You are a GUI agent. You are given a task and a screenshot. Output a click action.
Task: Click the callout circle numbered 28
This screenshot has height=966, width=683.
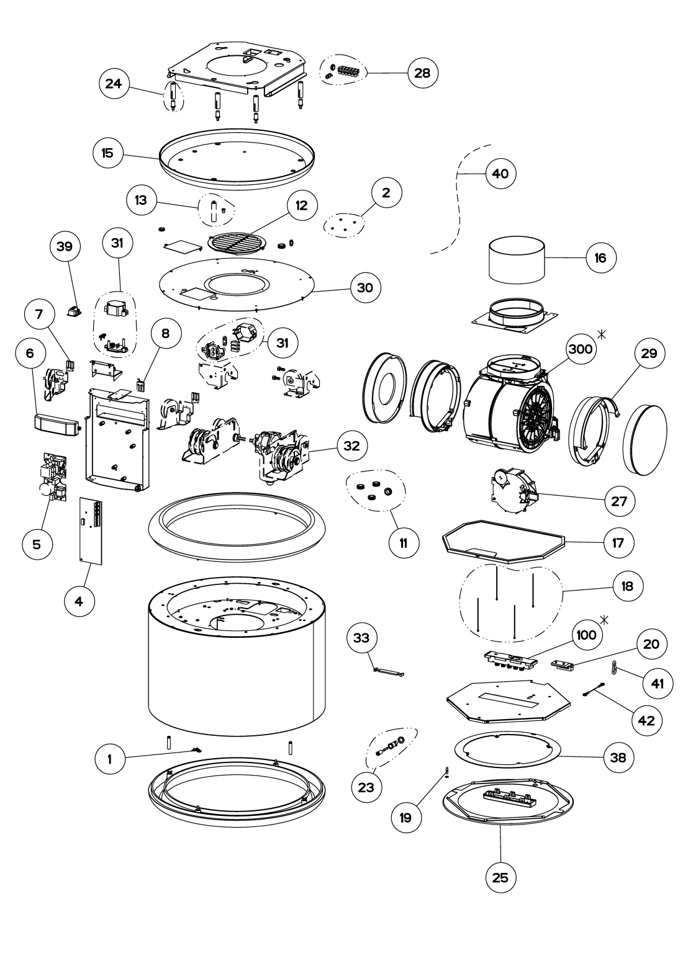423,73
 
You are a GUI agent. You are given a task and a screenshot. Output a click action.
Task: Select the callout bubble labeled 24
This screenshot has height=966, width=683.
114,85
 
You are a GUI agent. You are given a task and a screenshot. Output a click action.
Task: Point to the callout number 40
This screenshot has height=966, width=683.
500,174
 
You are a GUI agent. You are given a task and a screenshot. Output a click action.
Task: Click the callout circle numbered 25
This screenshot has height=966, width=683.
500,878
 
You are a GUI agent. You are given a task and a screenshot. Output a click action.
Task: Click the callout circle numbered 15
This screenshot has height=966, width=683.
107,153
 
